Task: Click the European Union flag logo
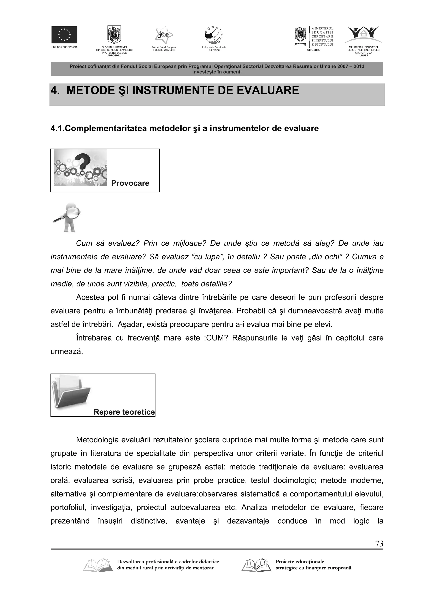click(x=64, y=35)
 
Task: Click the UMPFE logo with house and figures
click(x=364, y=35)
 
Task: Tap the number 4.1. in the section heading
click(x=57, y=129)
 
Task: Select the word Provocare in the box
click(x=130, y=183)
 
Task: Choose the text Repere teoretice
click(x=124, y=412)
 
